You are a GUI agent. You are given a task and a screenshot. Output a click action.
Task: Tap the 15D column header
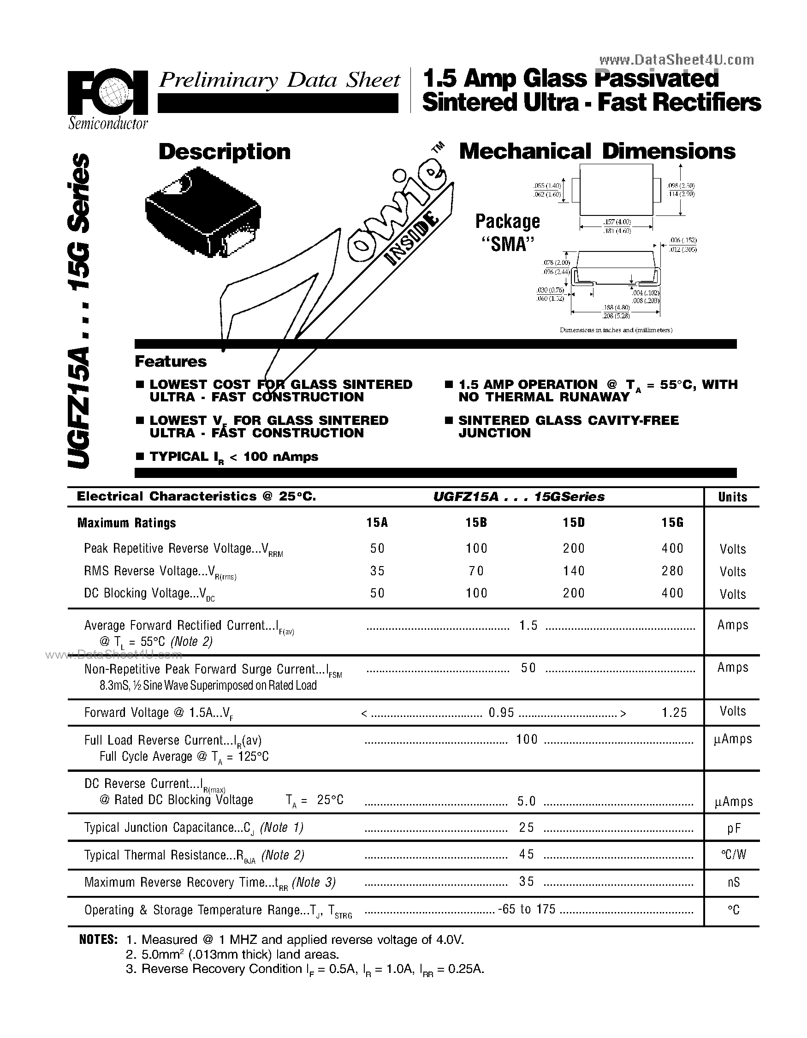click(574, 523)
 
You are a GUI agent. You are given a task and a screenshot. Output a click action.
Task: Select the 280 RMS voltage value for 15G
click(672, 571)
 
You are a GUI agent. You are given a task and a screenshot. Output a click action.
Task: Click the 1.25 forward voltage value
click(674, 712)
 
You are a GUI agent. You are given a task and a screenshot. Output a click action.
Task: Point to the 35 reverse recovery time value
click(527, 882)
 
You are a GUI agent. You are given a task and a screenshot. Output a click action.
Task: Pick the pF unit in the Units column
click(734, 829)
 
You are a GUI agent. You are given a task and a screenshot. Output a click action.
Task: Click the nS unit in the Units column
click(734, 883)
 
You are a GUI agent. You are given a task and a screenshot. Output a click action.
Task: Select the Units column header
click(732, 497)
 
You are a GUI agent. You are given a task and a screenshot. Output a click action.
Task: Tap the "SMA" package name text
click(508, 245)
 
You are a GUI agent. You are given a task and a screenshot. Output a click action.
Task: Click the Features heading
click(171, 362)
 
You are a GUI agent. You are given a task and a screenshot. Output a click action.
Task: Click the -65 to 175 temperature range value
click(527, 909)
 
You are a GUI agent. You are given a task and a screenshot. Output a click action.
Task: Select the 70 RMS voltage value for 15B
click(476, 571)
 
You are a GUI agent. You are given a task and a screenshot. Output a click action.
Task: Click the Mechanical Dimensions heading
click(597, 152)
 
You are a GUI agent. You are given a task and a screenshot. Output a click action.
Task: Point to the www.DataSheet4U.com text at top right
click(676, 60)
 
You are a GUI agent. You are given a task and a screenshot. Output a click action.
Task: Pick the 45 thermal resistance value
click(527, 854)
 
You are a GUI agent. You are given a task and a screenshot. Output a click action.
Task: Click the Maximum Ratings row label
click(126, 523)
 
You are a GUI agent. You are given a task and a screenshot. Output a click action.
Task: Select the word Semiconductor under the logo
click(108, 124)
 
